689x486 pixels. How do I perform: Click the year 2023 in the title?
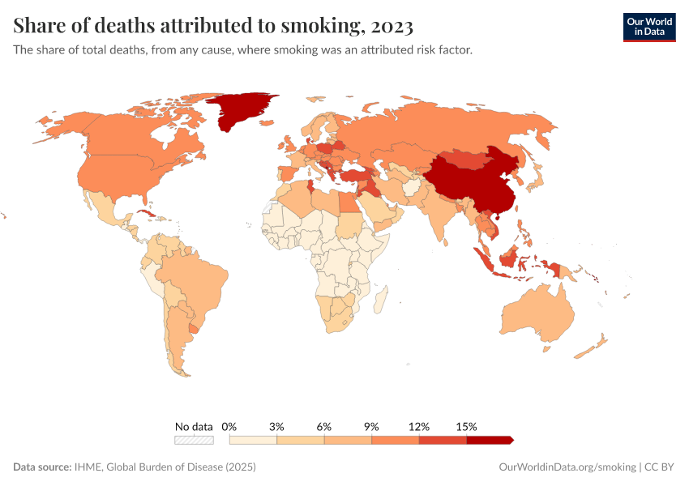(x=392, y=26)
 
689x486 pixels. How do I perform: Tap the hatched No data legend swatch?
(x=194, y=440)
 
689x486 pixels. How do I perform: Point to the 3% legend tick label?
(x=277, y=426)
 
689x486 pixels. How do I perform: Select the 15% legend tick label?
(x=467, y=426)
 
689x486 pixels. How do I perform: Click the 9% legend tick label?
(x=372, y=426)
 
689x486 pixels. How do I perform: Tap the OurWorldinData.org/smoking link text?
(x=567, y=467)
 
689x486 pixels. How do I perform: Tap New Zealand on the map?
(x=592, y=347)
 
